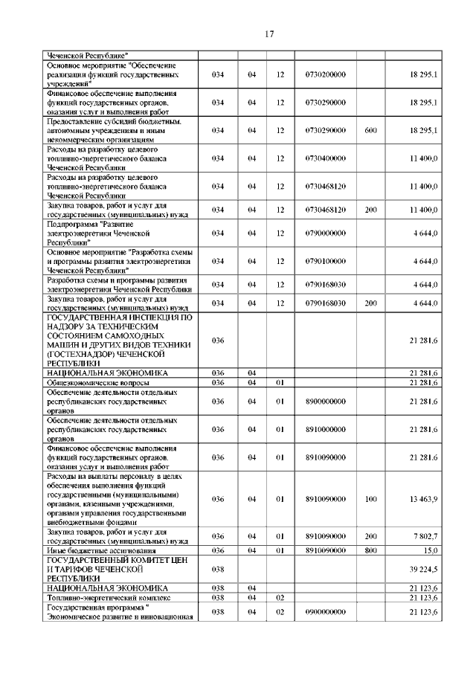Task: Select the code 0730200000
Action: tap(325, 75)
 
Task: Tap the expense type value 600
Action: tap(370, 130)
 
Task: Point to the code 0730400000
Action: tap(325, 158)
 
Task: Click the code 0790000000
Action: tap(325, 233)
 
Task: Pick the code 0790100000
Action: tap(325, 261)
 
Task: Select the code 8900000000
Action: tap(325, 401)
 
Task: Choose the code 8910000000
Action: tap(325, 429)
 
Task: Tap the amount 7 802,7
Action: tap(425, 536)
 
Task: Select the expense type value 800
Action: tap(370, 550)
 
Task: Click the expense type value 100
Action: tap(370, 499)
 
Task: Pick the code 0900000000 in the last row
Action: tap(325, 611)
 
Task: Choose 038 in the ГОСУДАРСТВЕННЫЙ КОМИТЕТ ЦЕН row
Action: tap(217, 569)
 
